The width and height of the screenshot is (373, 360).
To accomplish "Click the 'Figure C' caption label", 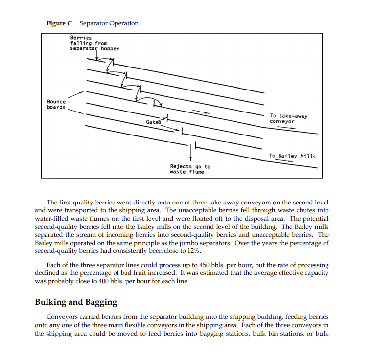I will coord(59,23).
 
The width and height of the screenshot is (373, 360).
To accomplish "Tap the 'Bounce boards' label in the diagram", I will coord(56,105).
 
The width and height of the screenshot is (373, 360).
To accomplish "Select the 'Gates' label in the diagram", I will coord(153,121).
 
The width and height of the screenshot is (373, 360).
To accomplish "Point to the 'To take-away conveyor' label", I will coord(288,119).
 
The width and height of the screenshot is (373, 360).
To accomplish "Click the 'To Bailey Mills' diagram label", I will coord(292,156).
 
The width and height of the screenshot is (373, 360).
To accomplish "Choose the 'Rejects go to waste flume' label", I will coord(190,169).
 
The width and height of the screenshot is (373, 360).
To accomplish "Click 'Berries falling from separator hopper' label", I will coord(94,43).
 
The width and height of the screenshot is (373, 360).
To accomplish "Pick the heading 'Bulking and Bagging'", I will coord(76,302).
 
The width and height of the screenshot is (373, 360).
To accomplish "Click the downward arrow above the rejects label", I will coord(190,154).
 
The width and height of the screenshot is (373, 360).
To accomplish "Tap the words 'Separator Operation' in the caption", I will coord(109,23).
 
